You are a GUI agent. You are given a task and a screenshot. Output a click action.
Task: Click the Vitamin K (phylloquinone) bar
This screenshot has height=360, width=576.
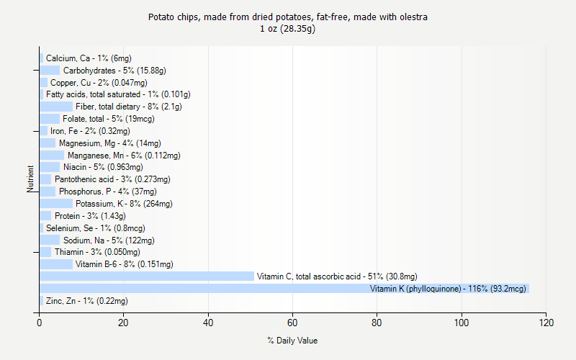[x=284, y=289]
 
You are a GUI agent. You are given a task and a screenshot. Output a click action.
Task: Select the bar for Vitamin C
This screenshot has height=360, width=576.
[x=147, y=276]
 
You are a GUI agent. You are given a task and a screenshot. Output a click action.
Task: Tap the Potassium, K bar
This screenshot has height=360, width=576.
[x=56, y=204]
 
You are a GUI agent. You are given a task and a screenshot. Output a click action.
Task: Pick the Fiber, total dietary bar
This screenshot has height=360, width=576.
[x=56, y=107]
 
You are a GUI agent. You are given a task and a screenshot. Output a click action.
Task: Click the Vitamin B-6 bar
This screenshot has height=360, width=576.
[x=56, y=264]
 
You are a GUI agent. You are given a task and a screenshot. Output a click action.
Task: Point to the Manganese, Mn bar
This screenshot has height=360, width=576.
[x=52, y=155]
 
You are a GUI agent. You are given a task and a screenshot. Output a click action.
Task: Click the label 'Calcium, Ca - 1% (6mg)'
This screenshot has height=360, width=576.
[x=89, y=58]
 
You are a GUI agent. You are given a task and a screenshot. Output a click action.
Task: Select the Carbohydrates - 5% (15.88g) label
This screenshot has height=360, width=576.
[x=114, y=71]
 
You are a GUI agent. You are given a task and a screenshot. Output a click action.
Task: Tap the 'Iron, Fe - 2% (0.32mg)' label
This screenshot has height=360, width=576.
[x=90, y=131]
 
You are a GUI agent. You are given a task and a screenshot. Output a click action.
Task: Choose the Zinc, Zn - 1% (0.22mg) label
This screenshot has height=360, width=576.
[x=86, y=301]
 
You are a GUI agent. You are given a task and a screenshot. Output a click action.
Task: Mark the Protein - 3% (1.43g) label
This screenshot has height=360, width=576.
[x=90, y=216]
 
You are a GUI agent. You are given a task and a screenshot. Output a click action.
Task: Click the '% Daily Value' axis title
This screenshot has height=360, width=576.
[x=292, y=341]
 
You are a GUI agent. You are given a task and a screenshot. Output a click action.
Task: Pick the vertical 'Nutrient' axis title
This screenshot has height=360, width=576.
[x=31, y=179]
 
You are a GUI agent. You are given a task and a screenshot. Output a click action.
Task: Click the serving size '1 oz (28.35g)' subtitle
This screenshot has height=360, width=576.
[x=288, y=29]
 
